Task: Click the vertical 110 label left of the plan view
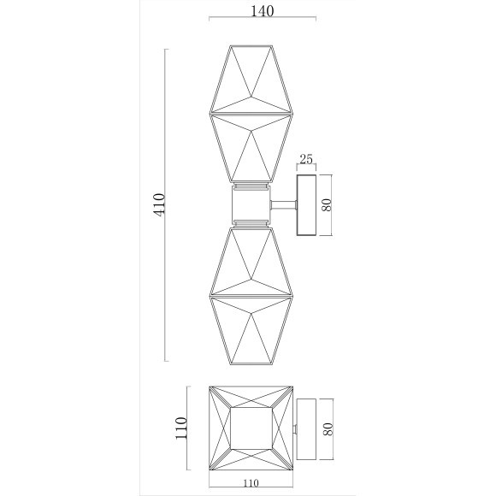pos(180,428)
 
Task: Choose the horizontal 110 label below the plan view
pos(252,483)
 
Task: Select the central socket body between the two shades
pos(252,204)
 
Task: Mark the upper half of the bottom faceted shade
pos(252,261)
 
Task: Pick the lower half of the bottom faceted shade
pos(252,329)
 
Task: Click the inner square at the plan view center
pos(252,428)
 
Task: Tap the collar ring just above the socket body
pos(252,186)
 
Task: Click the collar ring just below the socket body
pos(252,223)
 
